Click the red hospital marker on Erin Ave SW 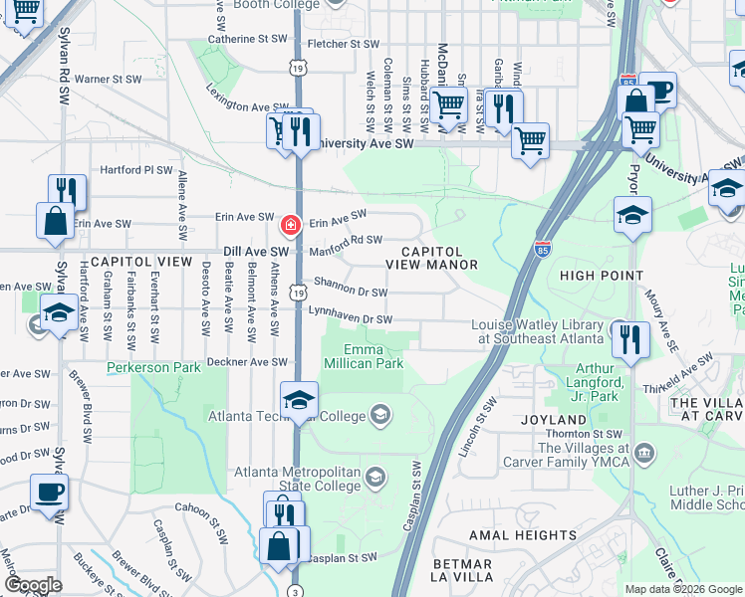pos(291,226)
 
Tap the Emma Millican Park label pos(372,356)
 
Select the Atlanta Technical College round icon pos(379,413)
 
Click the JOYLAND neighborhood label pos(553,420)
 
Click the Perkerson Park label pos(154,367)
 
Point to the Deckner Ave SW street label pos(247,362)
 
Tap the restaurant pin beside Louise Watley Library pos(631,339)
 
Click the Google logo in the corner pos(33,585)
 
